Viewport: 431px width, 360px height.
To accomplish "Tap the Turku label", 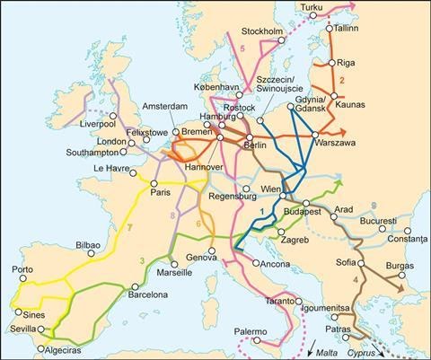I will (310, 9).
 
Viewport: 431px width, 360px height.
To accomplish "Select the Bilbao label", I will (88, 244).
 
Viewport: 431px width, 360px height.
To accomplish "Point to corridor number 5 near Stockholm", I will (242, 48).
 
